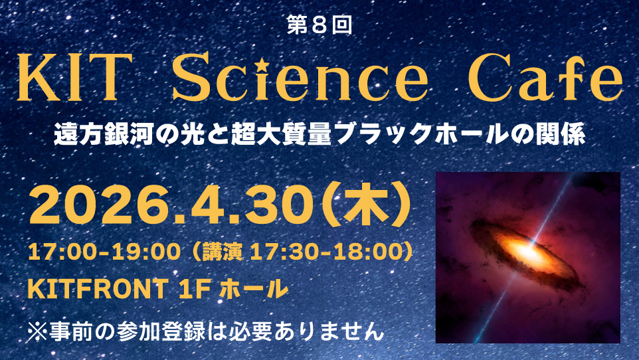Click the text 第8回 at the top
(319, 25)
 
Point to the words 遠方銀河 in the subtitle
(104, 134)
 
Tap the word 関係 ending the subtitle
(561, 134)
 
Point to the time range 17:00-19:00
(104, 252)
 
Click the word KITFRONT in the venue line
(98, 289)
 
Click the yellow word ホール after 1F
(254, 289)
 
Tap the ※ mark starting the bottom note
(37, 331)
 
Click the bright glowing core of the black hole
(528, 252)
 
